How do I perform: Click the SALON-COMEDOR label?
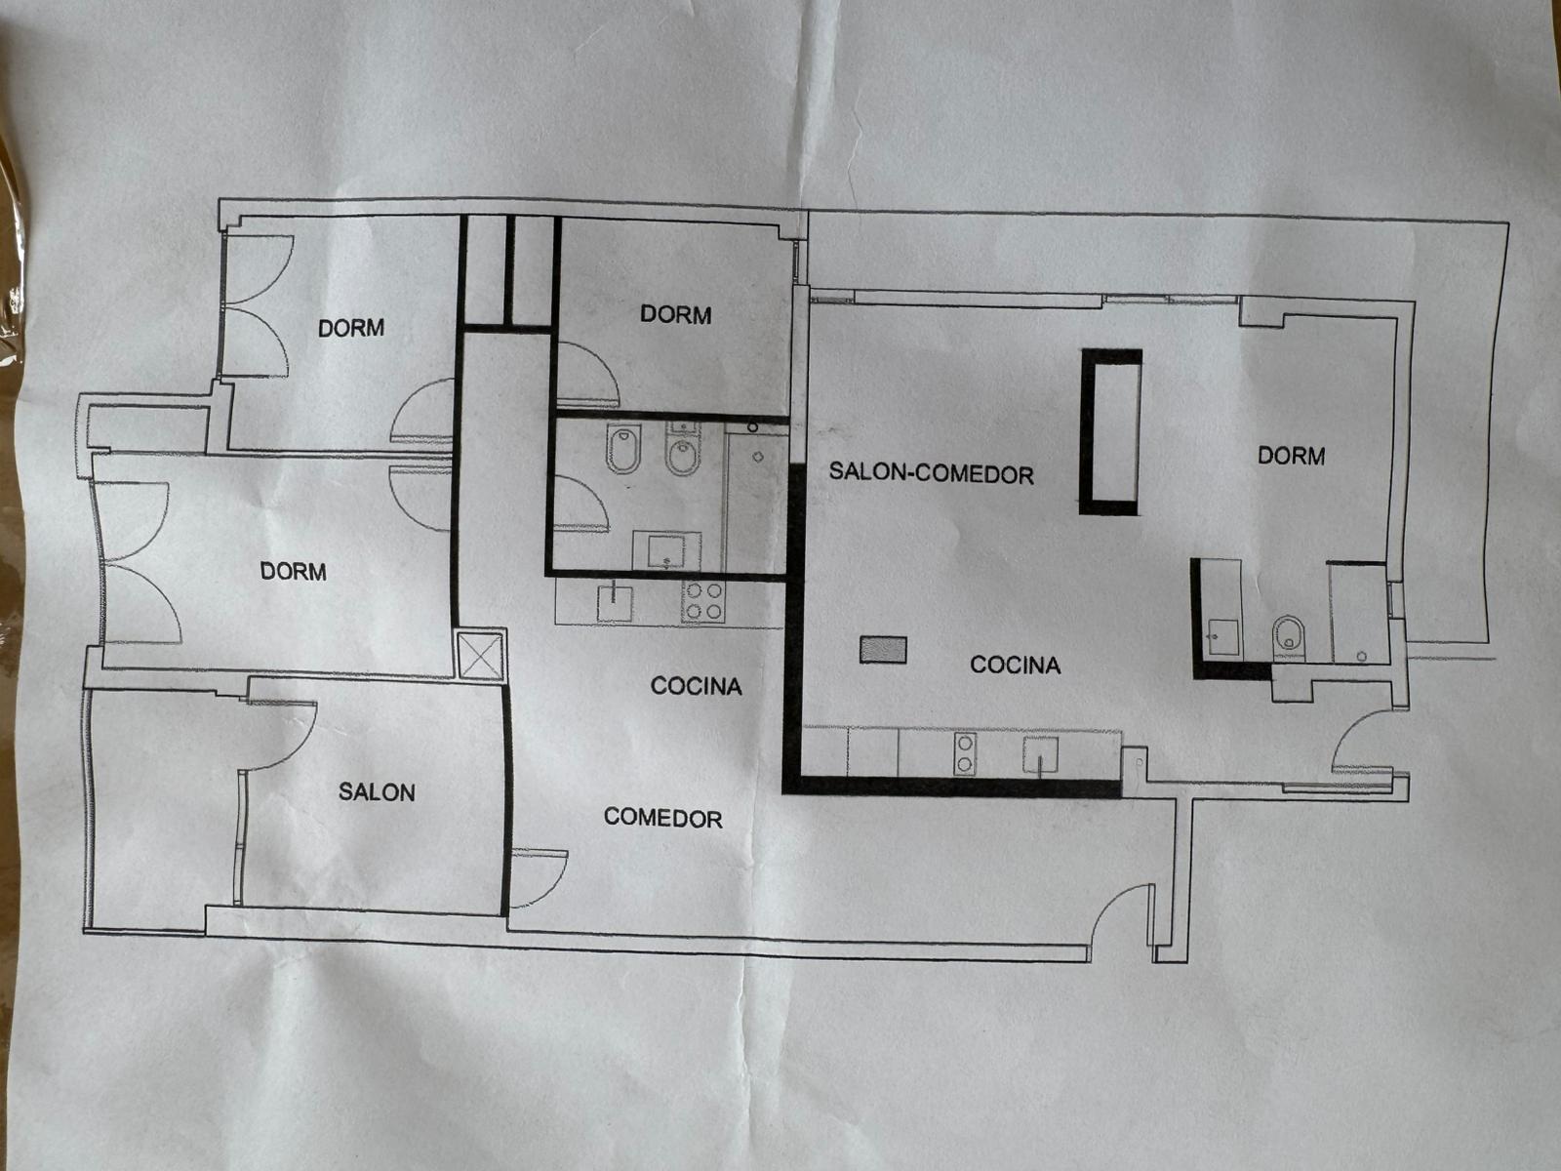pos(931,473)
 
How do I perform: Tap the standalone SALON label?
pos(377,792)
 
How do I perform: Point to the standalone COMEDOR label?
pos(662,818)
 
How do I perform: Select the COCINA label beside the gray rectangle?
pos(1015,665)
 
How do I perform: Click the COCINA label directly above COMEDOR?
pos(697,685)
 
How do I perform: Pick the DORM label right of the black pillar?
pos(1292,455)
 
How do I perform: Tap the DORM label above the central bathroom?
pos(675,314)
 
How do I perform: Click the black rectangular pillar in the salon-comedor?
pos(1111,431)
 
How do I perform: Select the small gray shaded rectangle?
pos(883,650)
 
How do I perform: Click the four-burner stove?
pos(703,601)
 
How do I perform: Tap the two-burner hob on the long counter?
pos(965,754)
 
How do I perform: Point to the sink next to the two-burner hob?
pos(1040,754)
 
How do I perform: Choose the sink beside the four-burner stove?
pos(615,603)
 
